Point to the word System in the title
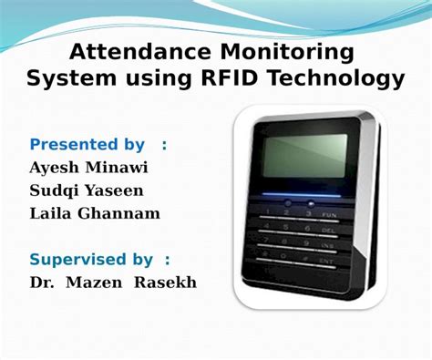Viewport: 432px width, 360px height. pyautogui.click(x=65, y=79)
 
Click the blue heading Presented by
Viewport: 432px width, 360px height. pyautogui.click(x=87, y=144)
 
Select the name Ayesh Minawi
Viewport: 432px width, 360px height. pyautogui.click(x=90, y=168)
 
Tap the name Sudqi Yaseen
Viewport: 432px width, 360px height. pyautogui.click(x=87, y=190)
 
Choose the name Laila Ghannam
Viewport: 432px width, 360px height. pyautogui.click(x=95, y=213)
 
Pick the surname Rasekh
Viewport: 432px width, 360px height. pyautogui.click(x=165, y=282)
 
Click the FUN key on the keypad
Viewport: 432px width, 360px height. pyautogui.click(x=329, y=213)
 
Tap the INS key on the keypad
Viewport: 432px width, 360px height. pyautogui.click(x=327, y=245)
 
